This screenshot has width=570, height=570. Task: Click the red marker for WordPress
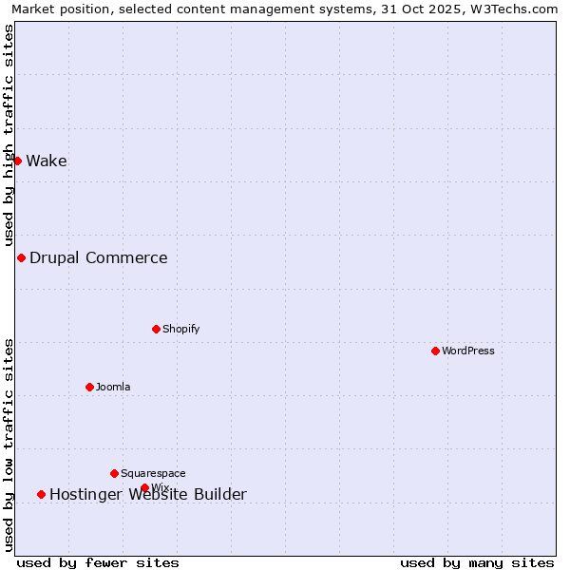click(x=435, y=351)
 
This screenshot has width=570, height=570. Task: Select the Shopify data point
click(x=156, y=329)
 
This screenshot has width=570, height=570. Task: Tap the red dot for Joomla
click(x=89, y=387)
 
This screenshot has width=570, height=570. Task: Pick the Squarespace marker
click(x=114, y=473)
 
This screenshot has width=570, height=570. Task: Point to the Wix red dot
click(x=144, y=487)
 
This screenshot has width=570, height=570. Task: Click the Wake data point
click(x=17, y=161)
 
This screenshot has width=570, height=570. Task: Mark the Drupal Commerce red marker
click(x=21, y=257)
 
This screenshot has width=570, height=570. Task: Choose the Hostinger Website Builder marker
click(x=41, y=494)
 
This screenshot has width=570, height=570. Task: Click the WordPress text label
click(x=468, y=351)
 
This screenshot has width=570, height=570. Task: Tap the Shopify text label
click(x=181, y=329)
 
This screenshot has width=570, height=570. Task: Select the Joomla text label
click(x=113, y=387)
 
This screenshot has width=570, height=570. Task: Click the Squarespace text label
click(x=153, y=473)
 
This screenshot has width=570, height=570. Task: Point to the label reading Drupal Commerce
click(x=99, y=257)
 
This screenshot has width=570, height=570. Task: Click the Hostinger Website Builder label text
click(x=148, y=494)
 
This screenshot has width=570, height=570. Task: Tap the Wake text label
click(x=47, y=161)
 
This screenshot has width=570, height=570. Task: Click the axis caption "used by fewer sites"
click(x=98, y=562)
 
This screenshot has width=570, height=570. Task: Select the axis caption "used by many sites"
click(x=477, y=562)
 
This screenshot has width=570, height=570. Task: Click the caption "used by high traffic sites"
click(x=9, y=136)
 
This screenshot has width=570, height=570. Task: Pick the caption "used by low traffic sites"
click(x=9, y=445)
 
